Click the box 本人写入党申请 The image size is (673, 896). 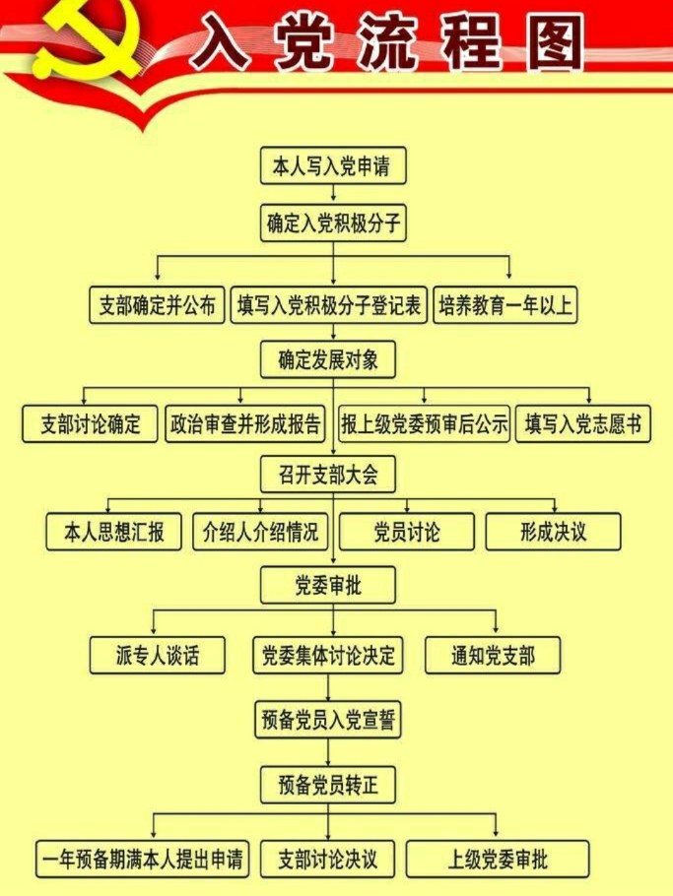[333, 165]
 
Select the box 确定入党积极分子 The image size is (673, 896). [333, 223]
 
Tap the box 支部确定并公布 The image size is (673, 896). [157, 305]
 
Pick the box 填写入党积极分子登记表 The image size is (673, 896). [329, 305]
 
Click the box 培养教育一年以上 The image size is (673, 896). [505, 305]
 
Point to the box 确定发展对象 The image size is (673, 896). [328, 359]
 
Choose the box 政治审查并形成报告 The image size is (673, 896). [245, 423]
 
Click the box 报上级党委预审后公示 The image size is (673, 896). [424, 423]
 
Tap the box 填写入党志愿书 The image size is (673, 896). [582, 423]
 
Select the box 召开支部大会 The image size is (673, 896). [328, 474]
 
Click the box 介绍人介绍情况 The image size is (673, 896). [260, 532]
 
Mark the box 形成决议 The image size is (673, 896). [553, 532]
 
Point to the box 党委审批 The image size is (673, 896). [328, 585]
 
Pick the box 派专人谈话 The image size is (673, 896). [158, 655]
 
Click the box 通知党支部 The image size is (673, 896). [493, 655]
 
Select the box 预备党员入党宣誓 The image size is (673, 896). [328, 720]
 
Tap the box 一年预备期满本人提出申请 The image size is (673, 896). [142, 859]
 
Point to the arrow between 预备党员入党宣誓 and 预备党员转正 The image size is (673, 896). [328, 752]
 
